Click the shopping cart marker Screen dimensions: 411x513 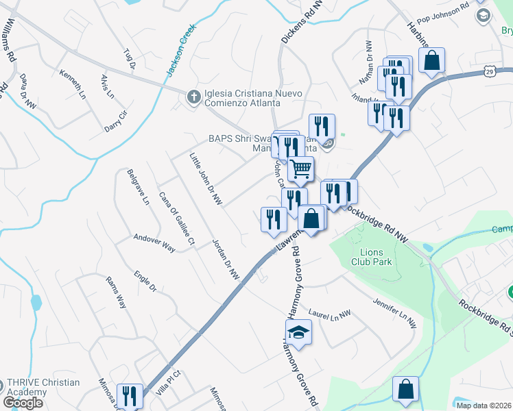coord(300,168)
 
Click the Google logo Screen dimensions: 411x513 coord(23,403)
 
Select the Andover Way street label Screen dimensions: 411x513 coord(154,244)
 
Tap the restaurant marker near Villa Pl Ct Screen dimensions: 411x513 coord(128,395)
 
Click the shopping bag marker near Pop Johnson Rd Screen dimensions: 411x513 coord(433,60)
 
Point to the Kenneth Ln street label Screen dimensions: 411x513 coord(71,82)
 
